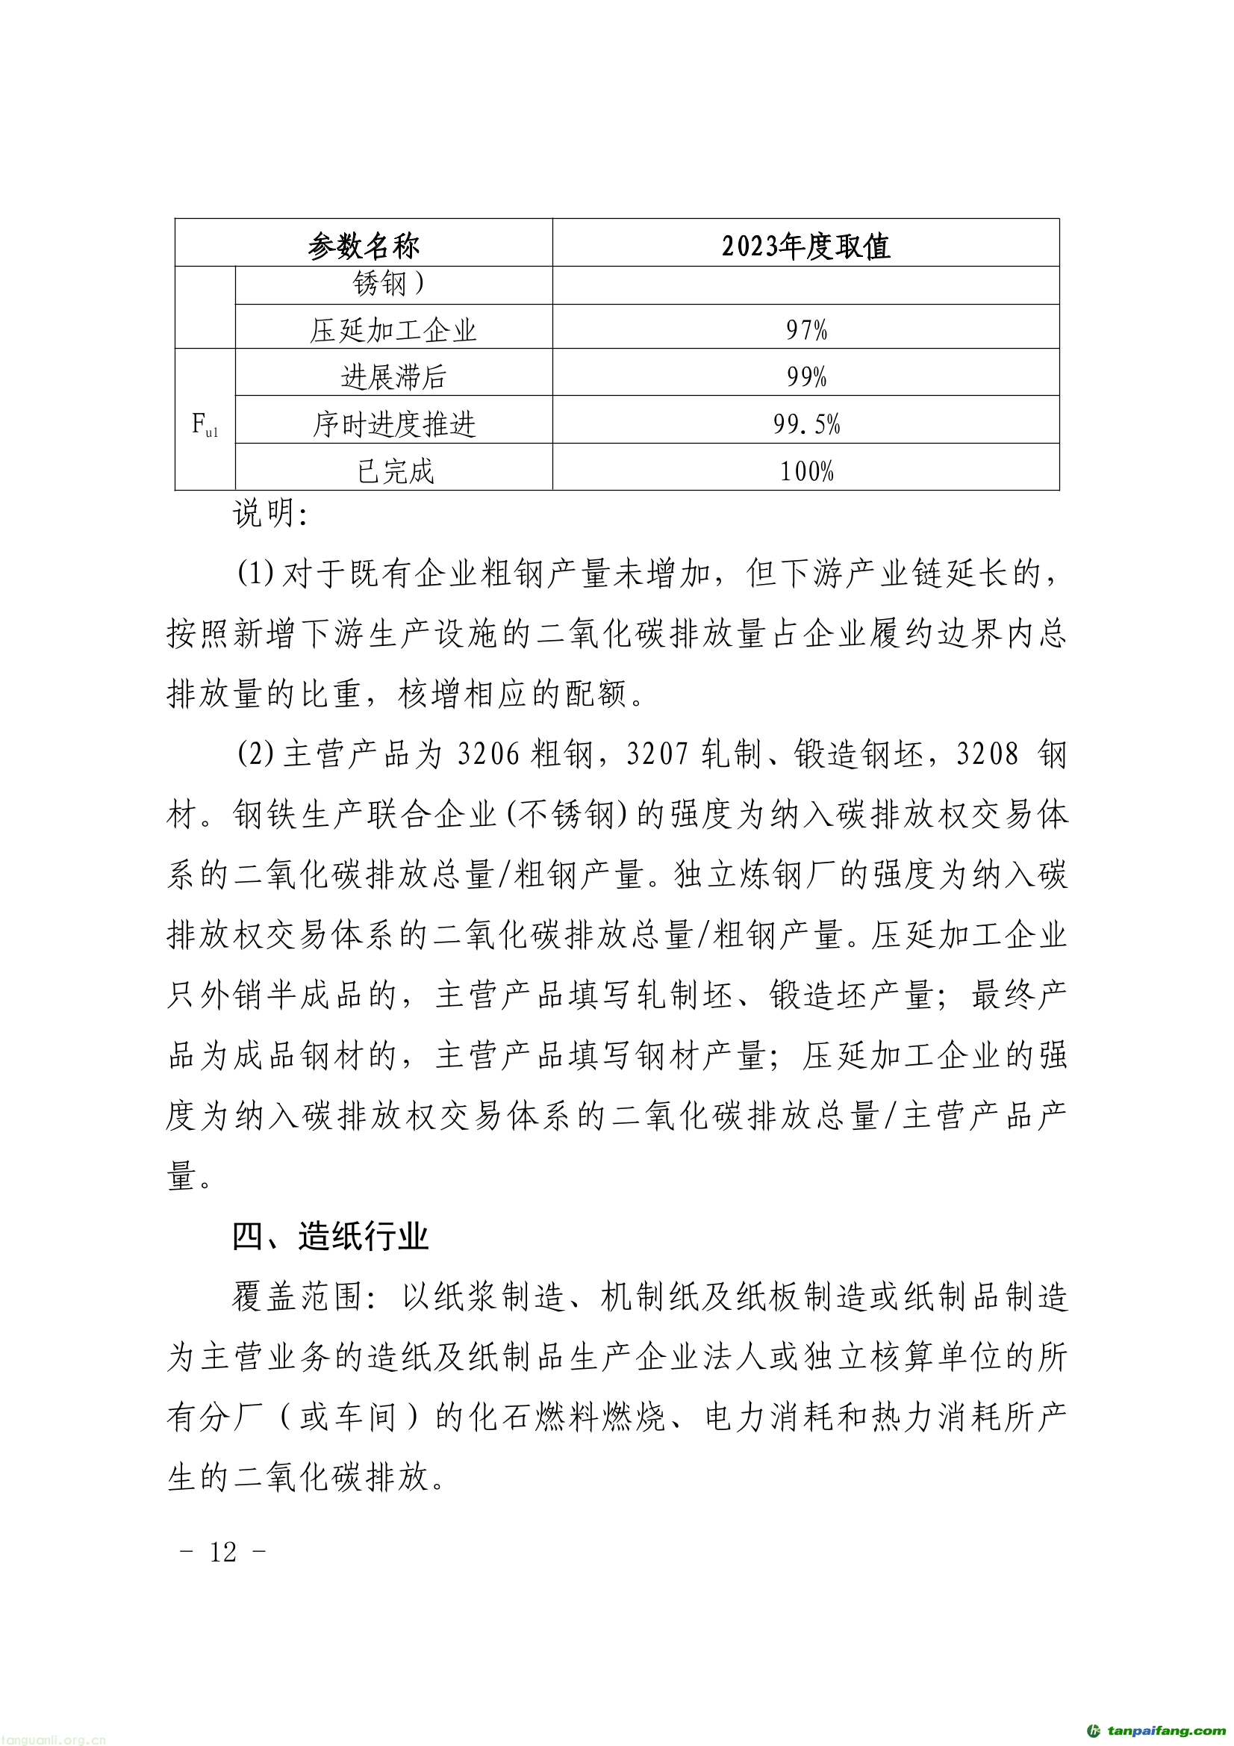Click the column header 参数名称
coord(364,246)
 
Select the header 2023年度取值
coord(805,246)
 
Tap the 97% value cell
coord(806,330)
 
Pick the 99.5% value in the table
coord(806,423)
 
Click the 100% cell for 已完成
coord(806,470)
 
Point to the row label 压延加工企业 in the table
coord(393,330)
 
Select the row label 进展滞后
coord(393,376)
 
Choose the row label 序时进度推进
coord(394,423)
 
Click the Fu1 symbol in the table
coord(205,423)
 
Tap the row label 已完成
coord(395,470)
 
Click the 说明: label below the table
coord(270,515)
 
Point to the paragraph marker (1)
coord(255,573)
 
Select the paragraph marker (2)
coord(255,754)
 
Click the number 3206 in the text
coord(488,754)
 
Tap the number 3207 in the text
coord(657,754)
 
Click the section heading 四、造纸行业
coord(330,1237)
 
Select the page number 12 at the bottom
coord(222,1551)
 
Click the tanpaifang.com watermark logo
coord(1156,1730)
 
